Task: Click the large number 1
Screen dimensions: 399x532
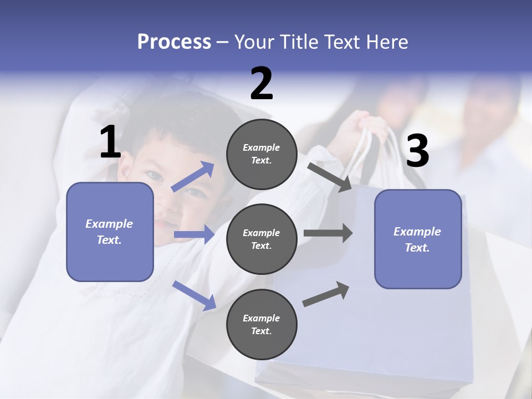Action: coord(110,142)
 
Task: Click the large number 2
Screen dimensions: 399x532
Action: coord(262,84)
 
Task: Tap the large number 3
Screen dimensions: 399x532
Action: coord(417,151)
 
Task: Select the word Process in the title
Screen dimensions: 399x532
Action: coord(174,42)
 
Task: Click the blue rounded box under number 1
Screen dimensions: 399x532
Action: coord(110,232)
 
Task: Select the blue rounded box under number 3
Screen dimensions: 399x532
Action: coord(418,239)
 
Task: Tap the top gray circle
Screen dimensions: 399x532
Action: coord(262,154)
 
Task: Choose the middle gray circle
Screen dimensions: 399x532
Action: coord(262,239)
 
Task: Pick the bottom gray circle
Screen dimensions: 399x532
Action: coord(262,324)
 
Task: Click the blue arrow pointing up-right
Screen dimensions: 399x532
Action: coord(193,177)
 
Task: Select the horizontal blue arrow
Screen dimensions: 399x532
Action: coord(194,234)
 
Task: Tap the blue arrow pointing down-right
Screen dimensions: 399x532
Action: coord(194,295)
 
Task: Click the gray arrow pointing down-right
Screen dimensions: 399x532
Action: coord(330,177)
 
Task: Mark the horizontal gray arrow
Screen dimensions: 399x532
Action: coord(328,233)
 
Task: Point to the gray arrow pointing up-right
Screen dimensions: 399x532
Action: coord(326,294)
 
